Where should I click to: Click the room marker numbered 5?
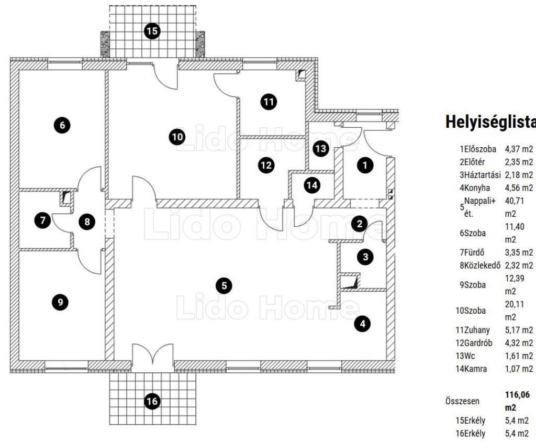click(x=224, y=285)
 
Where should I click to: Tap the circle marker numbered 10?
click(x=177, y=137)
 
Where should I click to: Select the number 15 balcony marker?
click(x=152, y=31)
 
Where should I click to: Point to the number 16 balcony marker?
click(x=152, y=402)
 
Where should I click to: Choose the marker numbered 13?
click(x=320, y=149)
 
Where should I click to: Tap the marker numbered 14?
click(x=312, y=185)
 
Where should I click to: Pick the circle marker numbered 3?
click(x=365, y=257)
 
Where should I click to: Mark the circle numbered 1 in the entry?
click(x=365, y=165)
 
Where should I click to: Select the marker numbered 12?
click(x=266, y=165)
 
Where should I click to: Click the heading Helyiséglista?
click(x=490, y=122)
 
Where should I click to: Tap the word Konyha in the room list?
click(x=477, y=187)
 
